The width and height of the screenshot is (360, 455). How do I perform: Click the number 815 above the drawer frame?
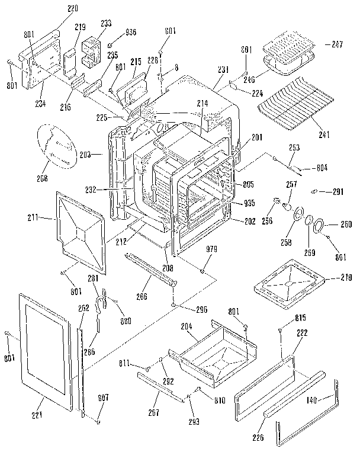tap(301, 319)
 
